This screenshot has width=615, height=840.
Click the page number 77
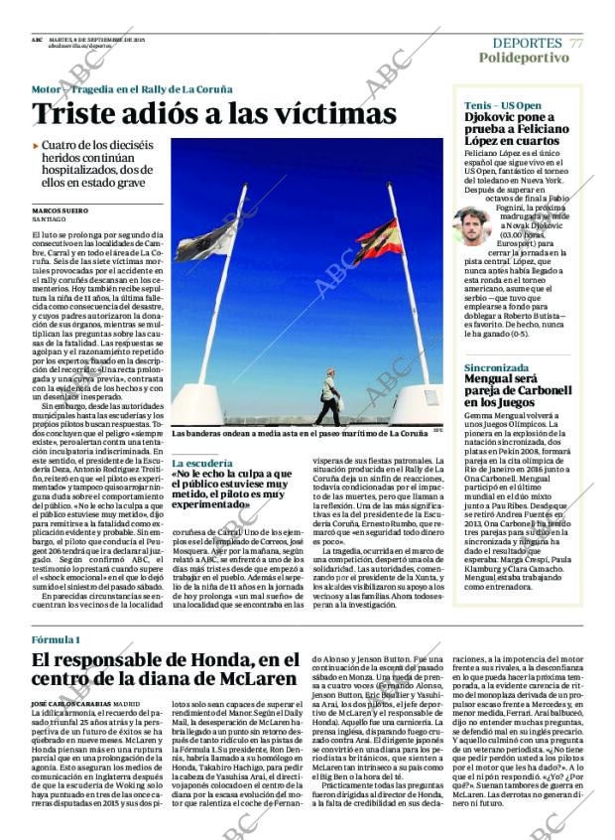click(x=576, y=43)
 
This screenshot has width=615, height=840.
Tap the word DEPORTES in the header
click(x=527, y=43)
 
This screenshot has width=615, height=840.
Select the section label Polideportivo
click(x=524, y=58)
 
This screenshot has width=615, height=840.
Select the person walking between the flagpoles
click(x=328, y=396)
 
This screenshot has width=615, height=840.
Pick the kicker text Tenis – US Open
click(x=503, y=105)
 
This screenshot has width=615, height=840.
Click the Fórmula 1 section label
click(x=56, y=638)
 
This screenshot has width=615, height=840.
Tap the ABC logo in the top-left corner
click(x=37, y=41)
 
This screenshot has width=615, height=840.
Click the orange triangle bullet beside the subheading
click(x=36, y=146)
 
